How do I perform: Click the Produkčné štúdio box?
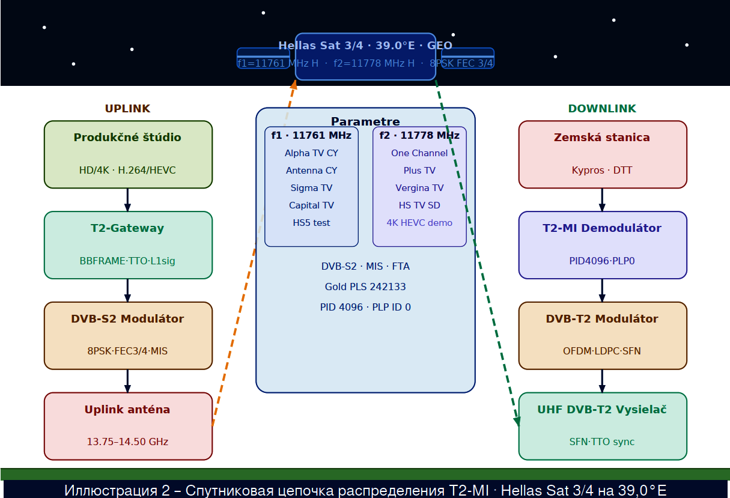tap(128, 154)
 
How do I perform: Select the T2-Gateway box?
tap(128, 245)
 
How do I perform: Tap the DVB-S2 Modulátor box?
tap(128, 336)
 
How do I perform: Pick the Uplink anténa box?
tap(128, 427)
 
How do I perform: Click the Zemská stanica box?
tap(603, 154)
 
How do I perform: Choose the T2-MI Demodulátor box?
tap(603, 245)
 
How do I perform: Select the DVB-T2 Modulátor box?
tap(603, 336)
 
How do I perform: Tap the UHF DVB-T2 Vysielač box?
tap(603, 427)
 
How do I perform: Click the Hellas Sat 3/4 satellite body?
tap(365, 56)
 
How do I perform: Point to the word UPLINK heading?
tap(127, 109)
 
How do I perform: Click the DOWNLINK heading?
tap(602, 109)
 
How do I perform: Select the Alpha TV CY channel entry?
tap(311, 153)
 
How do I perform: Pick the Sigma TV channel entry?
tap(311, 188)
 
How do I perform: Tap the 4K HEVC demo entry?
tap(419, 223)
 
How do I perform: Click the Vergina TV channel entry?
tap(419, 188)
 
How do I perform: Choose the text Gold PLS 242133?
tap(365, 287)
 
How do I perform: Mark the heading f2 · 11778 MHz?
tap(419, 136)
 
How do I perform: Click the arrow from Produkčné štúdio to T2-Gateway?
tap(127, 199)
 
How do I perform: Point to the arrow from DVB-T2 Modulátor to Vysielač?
tap(602, 381)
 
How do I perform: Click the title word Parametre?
tap(365, 121)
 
